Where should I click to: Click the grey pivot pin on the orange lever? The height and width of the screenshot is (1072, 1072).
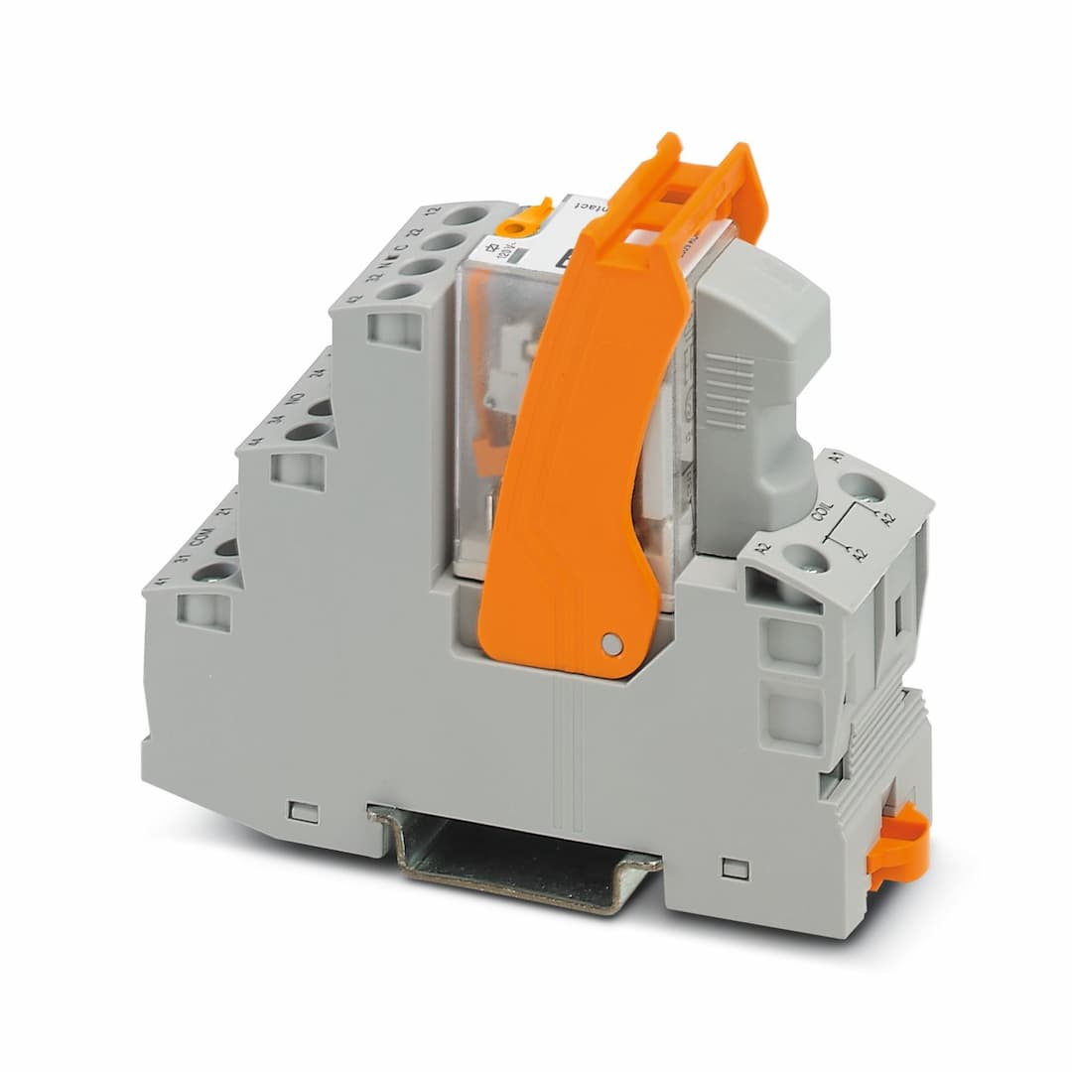[x=612, y=645]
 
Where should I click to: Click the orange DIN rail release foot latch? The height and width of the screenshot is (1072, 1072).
[x=899, y=844]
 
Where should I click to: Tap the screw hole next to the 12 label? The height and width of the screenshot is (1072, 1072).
[x=465, y=215]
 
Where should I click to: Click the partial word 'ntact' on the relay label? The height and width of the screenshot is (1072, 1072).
[x=597, y=206]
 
